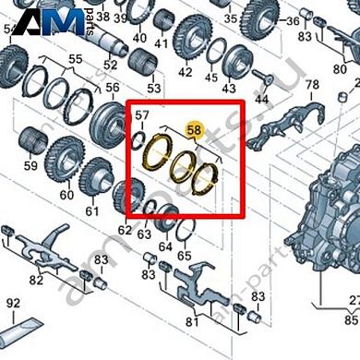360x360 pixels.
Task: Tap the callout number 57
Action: point(141,116)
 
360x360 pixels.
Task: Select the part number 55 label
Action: point(75,58)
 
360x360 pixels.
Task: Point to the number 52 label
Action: point(111,65)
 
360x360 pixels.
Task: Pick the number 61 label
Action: point(91,212)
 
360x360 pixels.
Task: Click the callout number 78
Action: point(311,86)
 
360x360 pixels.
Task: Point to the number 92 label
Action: point(13,302)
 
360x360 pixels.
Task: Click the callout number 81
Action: point(192,322)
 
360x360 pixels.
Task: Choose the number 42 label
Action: point(186,72)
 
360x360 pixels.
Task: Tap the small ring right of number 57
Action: point(138,138)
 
